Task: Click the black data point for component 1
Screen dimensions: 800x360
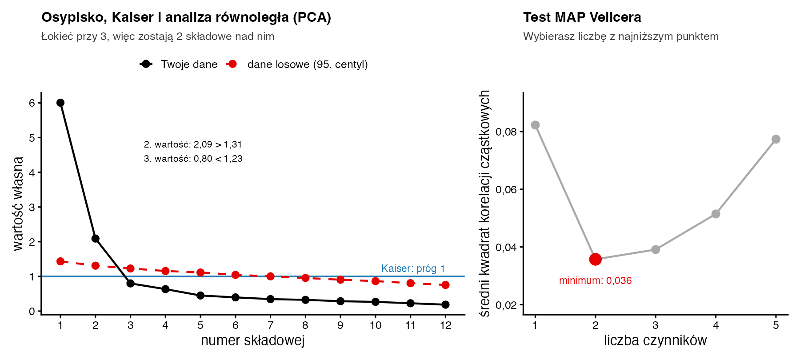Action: tap(60, 103)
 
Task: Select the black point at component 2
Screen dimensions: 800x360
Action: tap(96, 239)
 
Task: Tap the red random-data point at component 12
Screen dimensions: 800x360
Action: tap(445, 285)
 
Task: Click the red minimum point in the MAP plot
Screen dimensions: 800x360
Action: tap(596, 259)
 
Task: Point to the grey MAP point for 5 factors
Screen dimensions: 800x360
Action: tap(776, 139)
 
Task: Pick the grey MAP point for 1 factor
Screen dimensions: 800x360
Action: tap(535, 125)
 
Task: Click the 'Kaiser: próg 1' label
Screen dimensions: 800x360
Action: tap(413, 268)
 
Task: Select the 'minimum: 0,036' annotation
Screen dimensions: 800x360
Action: tap(596, 281)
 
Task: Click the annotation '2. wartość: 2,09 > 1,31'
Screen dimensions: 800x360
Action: tap(193, 144)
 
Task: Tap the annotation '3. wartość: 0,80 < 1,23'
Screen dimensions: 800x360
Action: tap(193, 159)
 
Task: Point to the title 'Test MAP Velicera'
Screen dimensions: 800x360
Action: tap(582, 17)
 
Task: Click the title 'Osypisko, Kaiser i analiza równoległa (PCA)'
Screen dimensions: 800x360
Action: tap(186, 17)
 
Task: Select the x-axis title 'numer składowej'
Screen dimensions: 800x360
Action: tap(252, 340)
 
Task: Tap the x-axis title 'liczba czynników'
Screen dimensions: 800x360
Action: tap(655, 340)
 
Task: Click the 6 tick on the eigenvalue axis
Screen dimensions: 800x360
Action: tap(32, 103)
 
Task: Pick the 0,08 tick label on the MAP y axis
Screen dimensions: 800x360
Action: tap(507, 132)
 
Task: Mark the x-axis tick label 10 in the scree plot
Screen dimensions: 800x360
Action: tap(376, 325)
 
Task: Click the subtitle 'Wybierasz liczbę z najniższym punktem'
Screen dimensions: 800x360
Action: tap(621, 36)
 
